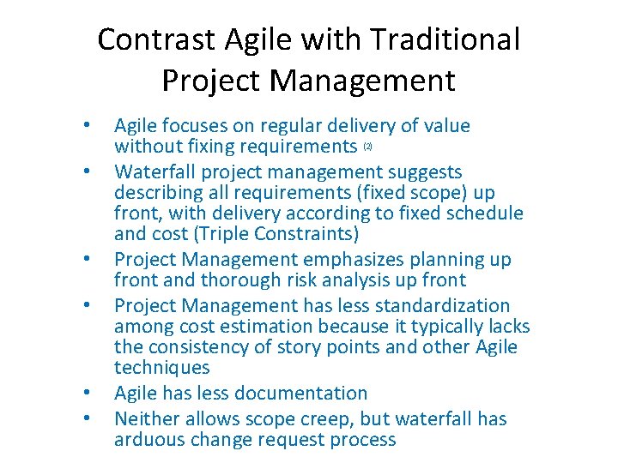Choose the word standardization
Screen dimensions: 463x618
(x=442, y=306)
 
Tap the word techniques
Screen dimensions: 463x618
(x=161, y=368)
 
